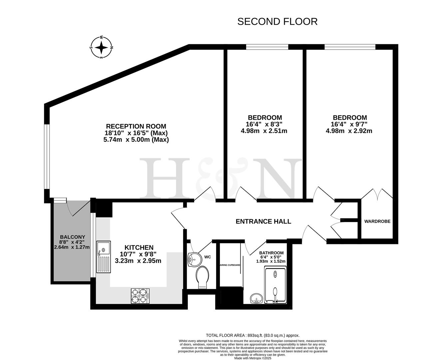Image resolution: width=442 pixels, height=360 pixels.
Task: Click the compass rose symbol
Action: coord(101,48)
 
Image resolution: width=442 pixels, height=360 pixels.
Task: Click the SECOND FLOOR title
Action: coord(277,22)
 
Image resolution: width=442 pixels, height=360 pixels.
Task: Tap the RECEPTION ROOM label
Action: coord(136,126)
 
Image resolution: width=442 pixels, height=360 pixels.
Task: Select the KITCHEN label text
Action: coord(139,247)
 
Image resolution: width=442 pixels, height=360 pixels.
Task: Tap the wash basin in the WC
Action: coord(194,259)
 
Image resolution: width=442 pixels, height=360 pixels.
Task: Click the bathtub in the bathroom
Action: coord(275,286)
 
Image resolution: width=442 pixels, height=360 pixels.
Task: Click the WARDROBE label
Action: coord(377,221)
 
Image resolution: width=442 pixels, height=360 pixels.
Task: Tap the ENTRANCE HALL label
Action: coord(263,221)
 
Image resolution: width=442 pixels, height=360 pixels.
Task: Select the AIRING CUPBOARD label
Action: coord(230,265)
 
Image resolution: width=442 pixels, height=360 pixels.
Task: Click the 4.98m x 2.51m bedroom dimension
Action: coord(264,131)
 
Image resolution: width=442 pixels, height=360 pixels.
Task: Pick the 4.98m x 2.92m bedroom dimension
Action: coord(349,131)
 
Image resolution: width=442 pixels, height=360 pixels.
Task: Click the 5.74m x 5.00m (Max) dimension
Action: coord(136,140)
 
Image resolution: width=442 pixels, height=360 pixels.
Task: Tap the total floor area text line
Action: coord(253,335)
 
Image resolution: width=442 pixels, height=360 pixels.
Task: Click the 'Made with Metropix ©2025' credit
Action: coord(253,358)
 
